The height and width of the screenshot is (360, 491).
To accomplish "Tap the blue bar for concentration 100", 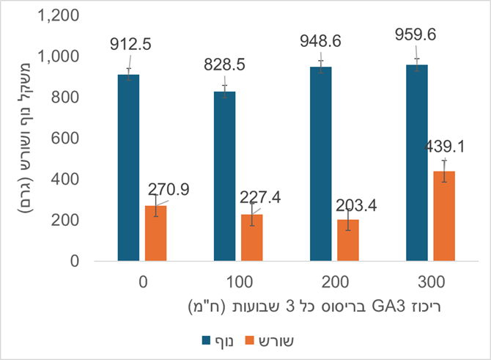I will click(x=225, y=176).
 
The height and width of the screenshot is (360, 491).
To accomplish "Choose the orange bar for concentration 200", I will click(x=349, y=240).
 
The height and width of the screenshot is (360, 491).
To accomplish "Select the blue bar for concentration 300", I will click(x=417, y=162).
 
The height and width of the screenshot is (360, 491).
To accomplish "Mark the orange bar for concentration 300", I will click(x=445, y=216).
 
